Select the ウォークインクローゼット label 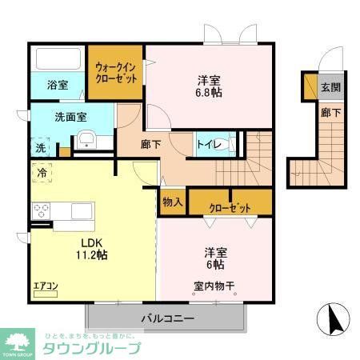pyautogui.click(x=115, y=74)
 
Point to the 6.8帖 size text pyautogui.click(x=210, y=93)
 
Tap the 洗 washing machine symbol pyautogui.click(x=40, y=148)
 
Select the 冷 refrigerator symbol pyautogui.click(x=40, y=170)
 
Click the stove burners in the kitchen pyautogui.click(x=42, y=212)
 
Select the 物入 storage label pyautogui.click(x=172, y=202)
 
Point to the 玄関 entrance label pyautogui.click(x=330, y=87)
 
